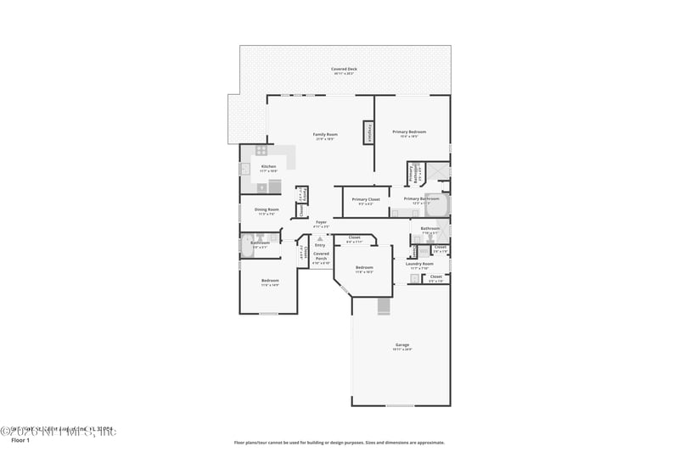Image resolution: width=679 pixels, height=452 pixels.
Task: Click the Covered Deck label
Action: click(344, 69)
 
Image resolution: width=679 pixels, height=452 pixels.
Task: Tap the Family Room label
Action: click(325, 135)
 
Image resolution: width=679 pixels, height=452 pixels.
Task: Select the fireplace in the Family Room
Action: click(369, 133)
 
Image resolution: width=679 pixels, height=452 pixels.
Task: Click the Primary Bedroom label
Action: click(409, 132)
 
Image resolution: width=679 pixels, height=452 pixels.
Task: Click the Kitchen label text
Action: click(268, 166)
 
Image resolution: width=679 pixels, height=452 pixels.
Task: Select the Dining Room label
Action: click(267, 209)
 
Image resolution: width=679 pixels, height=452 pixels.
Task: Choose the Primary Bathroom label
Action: click(421, 199)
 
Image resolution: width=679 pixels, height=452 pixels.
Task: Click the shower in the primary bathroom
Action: click(437, 170)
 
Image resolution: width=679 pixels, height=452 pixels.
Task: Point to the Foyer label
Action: click(320, 222)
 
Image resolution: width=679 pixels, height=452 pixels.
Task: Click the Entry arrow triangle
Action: click(320, 239)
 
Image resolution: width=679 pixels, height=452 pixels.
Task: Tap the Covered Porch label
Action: click(321, 254)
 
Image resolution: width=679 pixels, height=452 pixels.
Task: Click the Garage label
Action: click(402, 345)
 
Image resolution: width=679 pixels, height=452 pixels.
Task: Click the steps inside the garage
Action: click(383, 306)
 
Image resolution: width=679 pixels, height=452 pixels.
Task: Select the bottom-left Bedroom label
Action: click(270, 281)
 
